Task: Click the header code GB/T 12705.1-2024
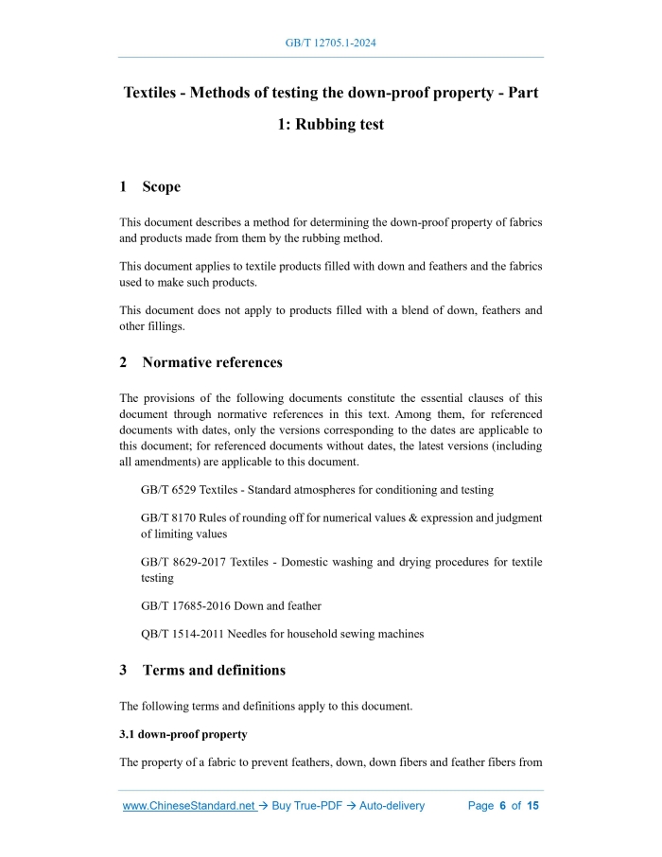[x=331, y=44]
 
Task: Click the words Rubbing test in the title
[x=340, y=125]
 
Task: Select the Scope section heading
[x=161, y=187]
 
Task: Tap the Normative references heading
[x=212, y=362]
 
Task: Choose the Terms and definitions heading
[x=214, y=671]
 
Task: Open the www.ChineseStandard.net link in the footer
[x=189, y=806]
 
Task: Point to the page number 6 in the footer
[x=503, y=806]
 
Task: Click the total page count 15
[x=532, y=806]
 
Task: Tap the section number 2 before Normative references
[x=123, y=362]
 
